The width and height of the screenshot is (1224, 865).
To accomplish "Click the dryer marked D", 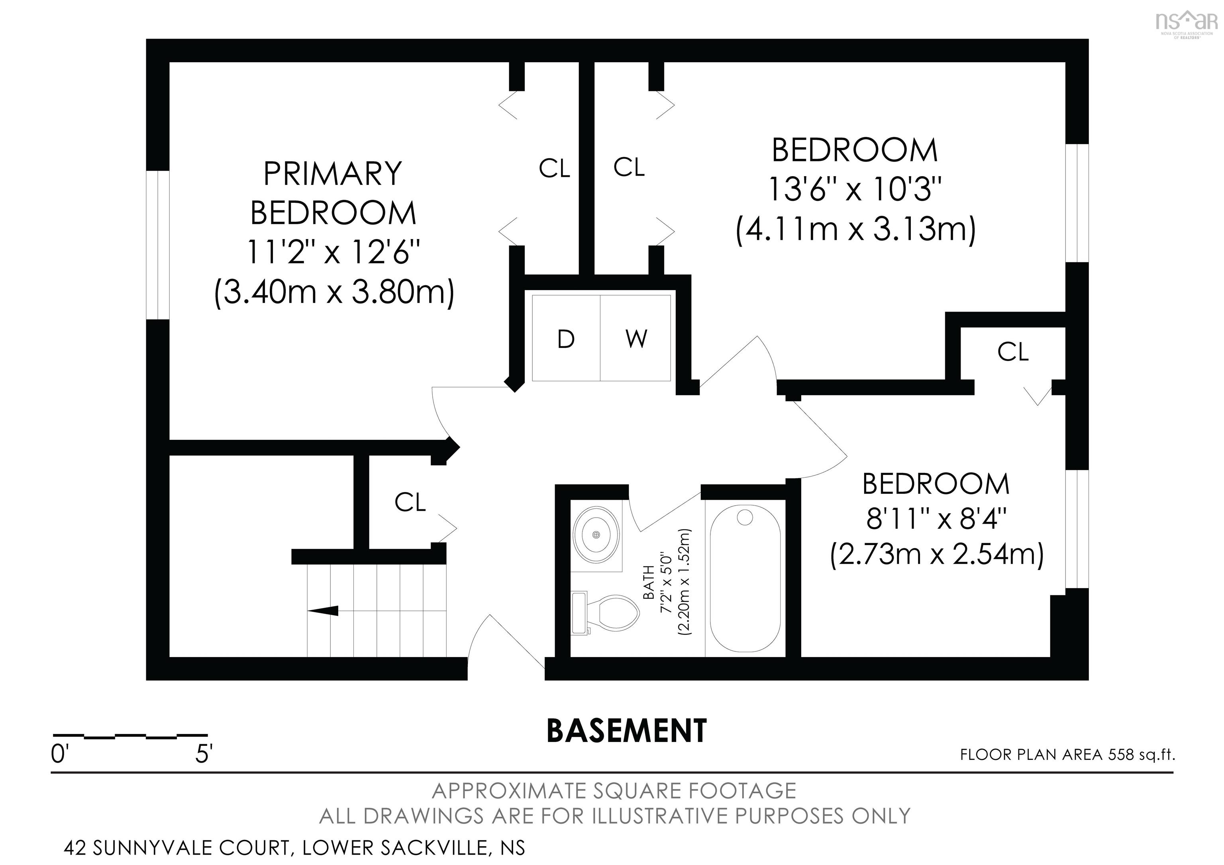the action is [x=566, y=338].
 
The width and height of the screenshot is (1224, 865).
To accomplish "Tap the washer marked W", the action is [x=636, y=338].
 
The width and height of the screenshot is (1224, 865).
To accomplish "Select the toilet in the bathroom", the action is [x=605, y=614].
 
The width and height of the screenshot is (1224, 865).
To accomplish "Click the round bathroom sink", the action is [x=596, y=534].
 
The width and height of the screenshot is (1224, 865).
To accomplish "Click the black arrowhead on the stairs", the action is [x=323, y=611].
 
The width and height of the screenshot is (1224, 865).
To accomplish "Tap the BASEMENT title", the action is [x=627, y=731].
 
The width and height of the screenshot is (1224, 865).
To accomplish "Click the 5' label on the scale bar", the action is [x=204, y=755].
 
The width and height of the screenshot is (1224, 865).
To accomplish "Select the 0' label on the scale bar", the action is [x=60, y=755].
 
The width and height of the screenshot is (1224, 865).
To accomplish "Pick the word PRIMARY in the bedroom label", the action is [x=332, y=173].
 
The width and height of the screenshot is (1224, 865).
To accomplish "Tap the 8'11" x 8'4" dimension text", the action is [x=936, y=519].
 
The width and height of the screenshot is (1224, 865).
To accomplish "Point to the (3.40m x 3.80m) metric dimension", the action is [x=334, y=292].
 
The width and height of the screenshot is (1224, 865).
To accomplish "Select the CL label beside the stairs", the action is [x=410, y=502].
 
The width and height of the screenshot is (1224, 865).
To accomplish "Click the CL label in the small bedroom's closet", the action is [x=1012, y=352].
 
